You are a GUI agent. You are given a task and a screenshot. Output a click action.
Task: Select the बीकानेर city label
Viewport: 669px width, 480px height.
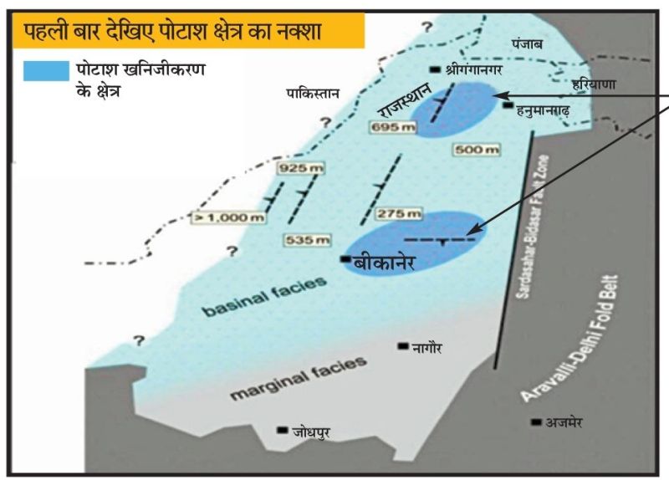pyautogui.click(x=385, y=261)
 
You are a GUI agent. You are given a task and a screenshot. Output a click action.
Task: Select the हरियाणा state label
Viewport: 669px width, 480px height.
pyautogui.click(x=593, y=84)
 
